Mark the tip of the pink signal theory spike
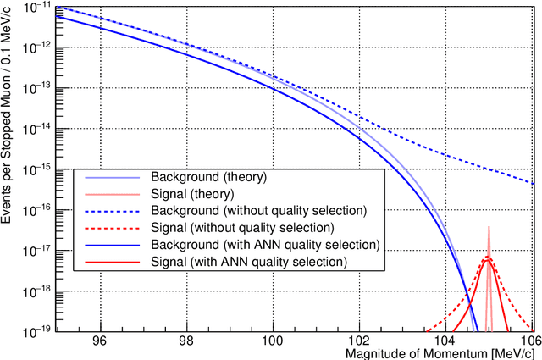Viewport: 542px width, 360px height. click(489, 226)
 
